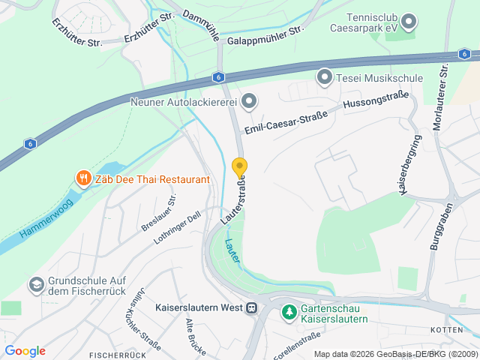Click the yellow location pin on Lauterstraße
click(x=239, y=167)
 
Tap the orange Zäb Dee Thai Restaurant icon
click(x=82, y=179)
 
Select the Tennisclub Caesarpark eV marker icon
click(x=409, y=22)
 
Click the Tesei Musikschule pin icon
click(x=324, y=77)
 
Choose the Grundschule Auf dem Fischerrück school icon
click(x=35, y=285)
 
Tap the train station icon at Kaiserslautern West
click(x=251, y=307)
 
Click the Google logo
click(x=25, y=351)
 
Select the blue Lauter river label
click(x=232, y=250)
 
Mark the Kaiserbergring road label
click(x=409, y=166)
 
